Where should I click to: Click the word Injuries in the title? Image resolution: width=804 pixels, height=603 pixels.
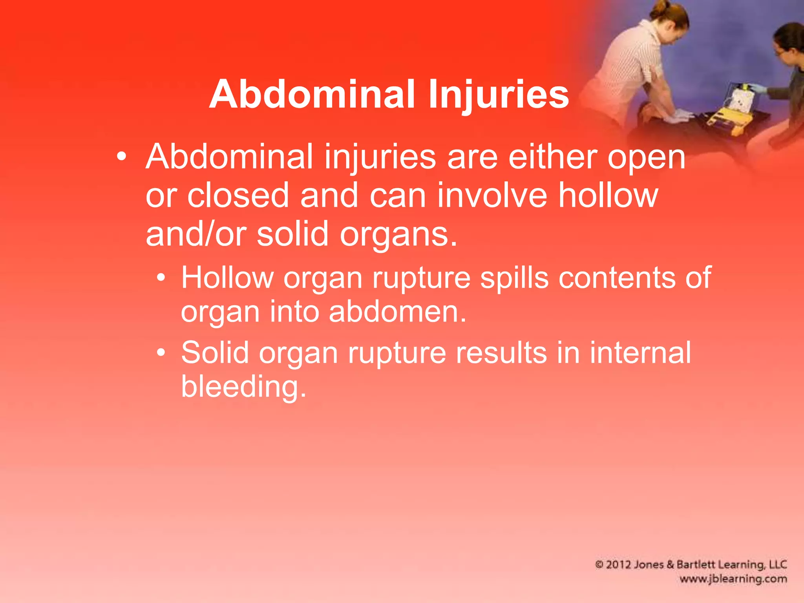pos(499,94)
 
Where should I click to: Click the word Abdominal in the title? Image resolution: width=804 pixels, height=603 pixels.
pos(312,94)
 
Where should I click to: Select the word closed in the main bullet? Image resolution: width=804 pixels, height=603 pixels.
pos(238,196)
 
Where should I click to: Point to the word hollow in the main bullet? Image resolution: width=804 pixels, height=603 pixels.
pos(608,196)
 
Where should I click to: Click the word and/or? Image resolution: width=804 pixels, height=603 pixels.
pos(196,234)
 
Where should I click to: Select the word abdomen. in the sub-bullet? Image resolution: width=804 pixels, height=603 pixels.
pos(397,312)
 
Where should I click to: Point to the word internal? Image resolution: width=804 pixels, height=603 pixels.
pos(640,353)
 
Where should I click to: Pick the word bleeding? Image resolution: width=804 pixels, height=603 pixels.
pos(243,387)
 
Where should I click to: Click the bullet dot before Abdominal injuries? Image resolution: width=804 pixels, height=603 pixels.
pos(122,157)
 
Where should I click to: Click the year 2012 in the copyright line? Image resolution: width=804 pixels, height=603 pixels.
pos(619,565)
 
